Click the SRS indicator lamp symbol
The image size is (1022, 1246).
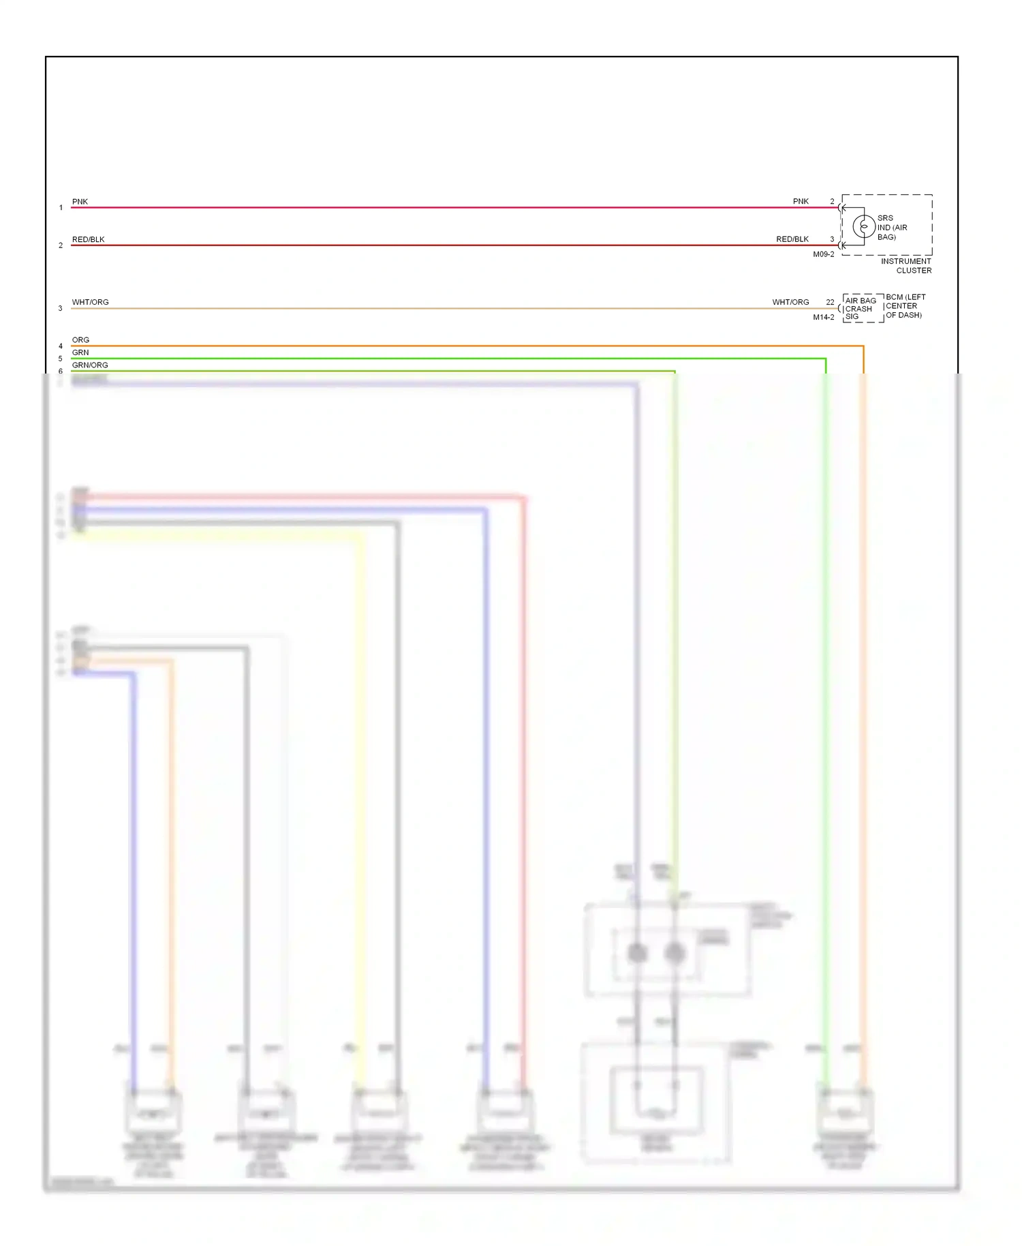point(863,226)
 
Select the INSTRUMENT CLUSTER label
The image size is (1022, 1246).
point(905,266)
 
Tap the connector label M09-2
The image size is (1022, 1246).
point(823,254)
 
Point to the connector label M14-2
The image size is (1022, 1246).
point(823,317)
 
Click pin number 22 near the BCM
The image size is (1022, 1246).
point(830,302)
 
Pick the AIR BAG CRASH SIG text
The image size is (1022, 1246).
point(860,309)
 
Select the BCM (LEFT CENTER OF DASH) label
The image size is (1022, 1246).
point(905,306)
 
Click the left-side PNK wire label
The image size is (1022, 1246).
point(80,202)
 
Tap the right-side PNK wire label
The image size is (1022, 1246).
point(801,202)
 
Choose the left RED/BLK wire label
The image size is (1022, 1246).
point(88,239)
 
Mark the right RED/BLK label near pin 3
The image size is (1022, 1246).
point(792,239)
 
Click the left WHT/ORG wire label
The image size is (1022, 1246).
point(90,302)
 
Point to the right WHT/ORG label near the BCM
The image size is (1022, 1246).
point(790,302)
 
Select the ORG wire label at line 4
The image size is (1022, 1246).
point(80,339)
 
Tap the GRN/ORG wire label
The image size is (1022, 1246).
point(90,365)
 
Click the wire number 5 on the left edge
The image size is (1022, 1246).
point(60,359)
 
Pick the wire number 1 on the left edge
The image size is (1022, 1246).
point(61,208)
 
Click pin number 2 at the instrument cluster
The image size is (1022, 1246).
point(832,202)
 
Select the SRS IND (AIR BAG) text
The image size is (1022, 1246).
point(891,228)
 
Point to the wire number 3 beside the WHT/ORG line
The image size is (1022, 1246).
point(60,309)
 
